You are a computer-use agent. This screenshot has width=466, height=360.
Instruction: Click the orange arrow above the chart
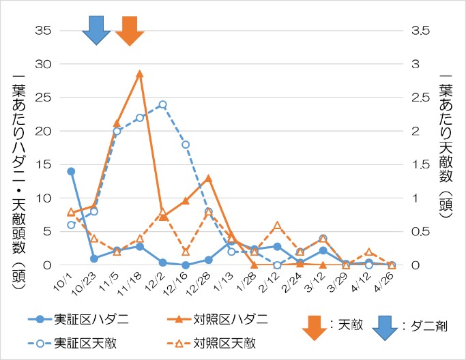click(128, 29)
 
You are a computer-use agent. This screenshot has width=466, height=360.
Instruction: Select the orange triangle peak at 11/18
click(139, 74)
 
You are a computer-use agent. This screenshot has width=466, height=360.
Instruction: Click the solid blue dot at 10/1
click(71, 171)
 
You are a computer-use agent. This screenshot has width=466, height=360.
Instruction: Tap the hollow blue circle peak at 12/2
click(162, 104)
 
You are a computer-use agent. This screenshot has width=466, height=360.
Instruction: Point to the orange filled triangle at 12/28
click(208, 179)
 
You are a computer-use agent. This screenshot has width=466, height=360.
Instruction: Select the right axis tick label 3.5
click(421, 31)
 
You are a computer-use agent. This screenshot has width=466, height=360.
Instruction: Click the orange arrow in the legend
click(315, 326)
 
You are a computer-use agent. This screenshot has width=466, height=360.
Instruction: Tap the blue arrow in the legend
click(386, 326)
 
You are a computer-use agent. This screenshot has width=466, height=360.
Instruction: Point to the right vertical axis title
click(447, 147)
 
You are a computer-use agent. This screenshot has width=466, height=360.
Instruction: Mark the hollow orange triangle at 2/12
click(277, 225)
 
